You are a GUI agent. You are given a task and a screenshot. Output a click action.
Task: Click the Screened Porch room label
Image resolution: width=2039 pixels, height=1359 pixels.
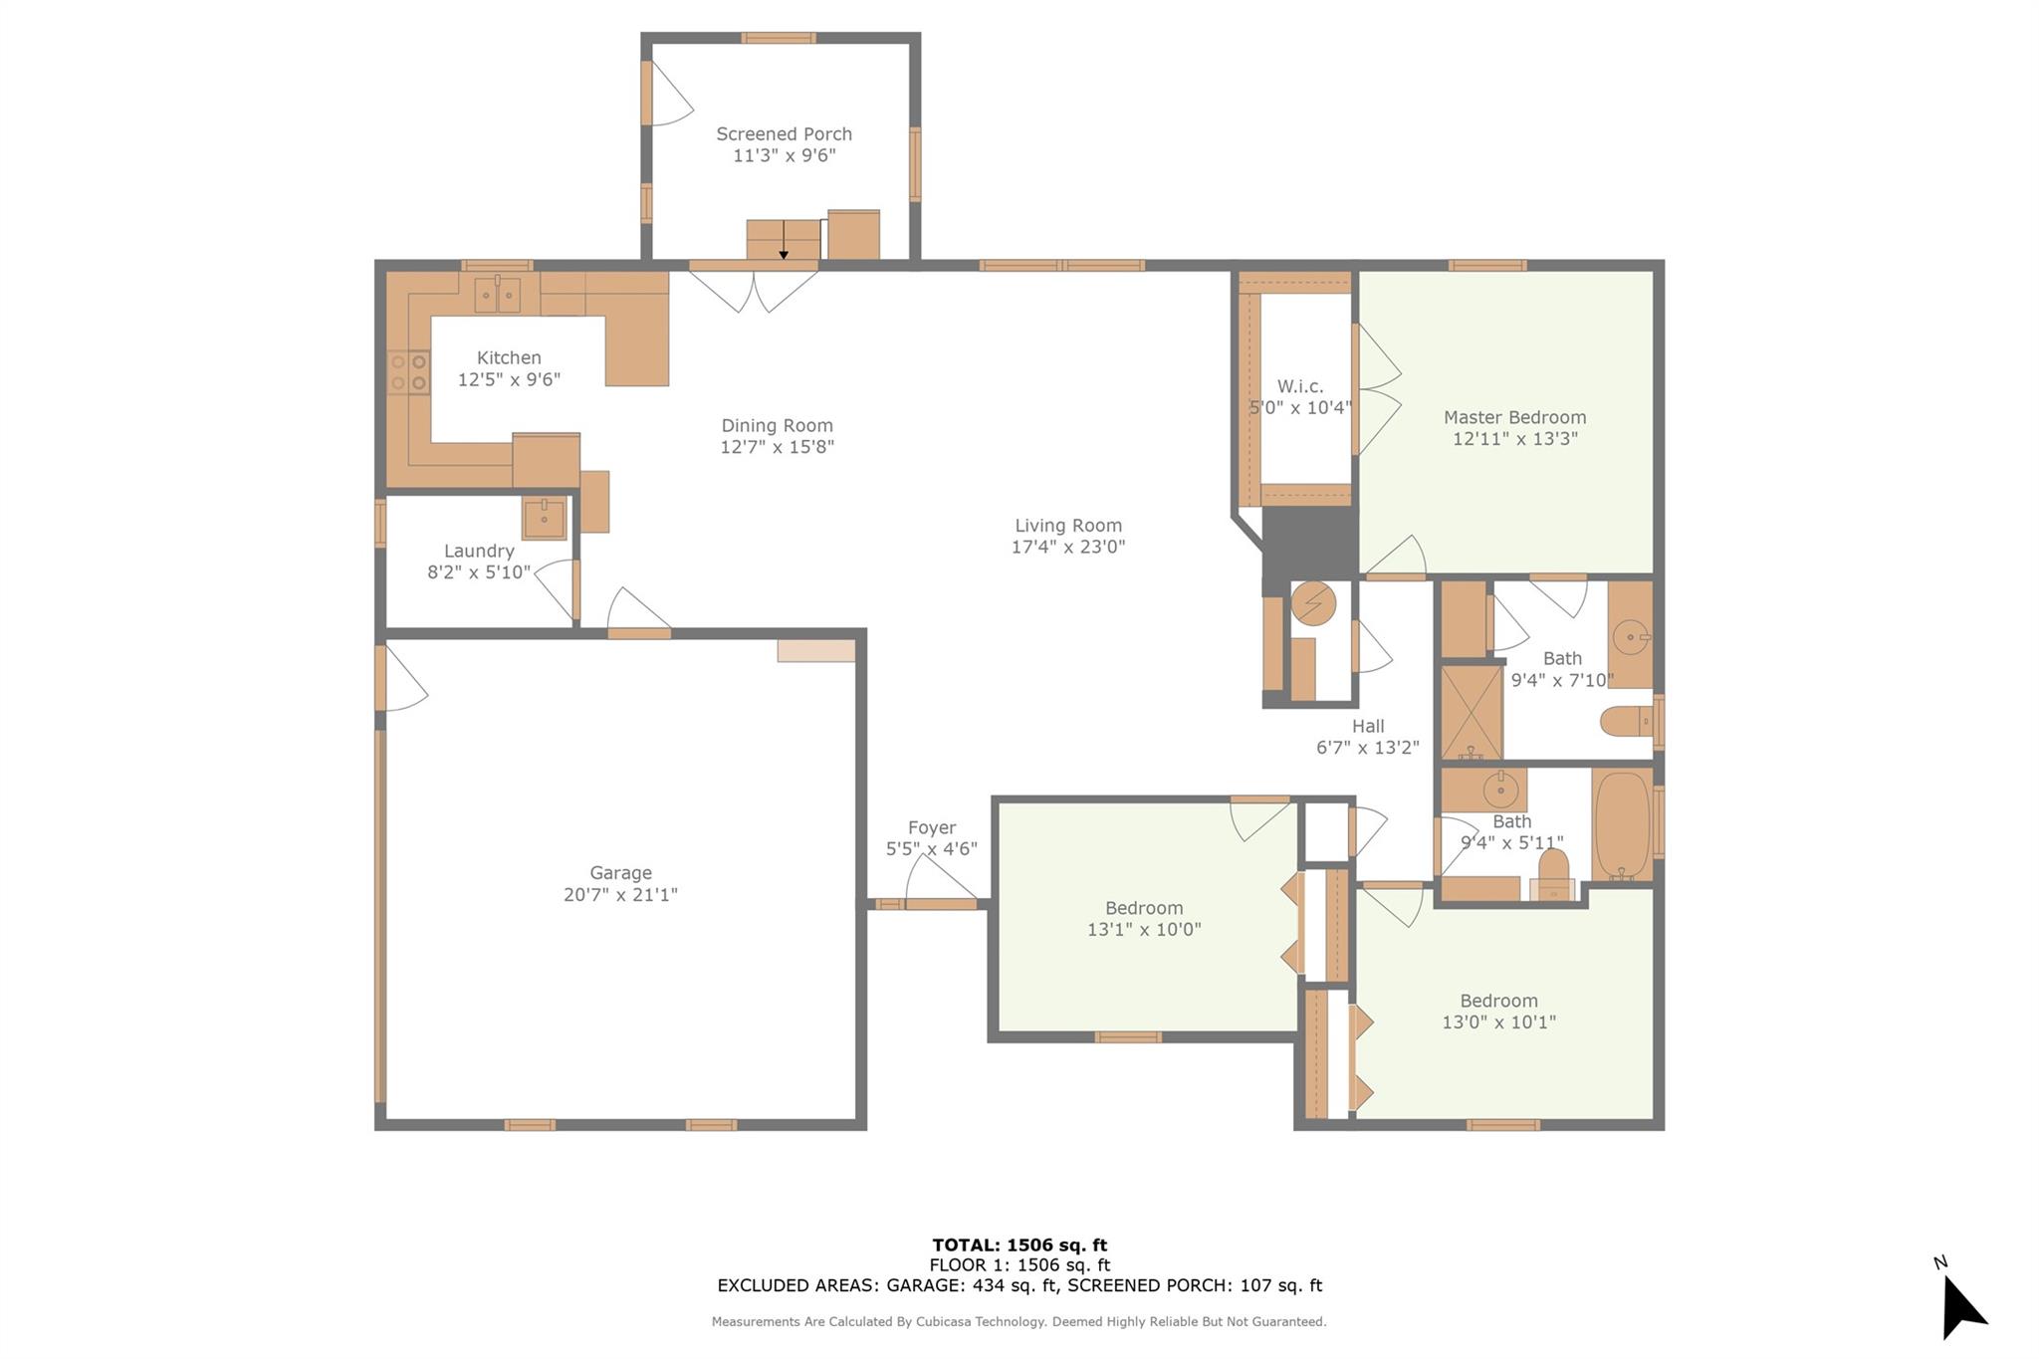click(784, 133)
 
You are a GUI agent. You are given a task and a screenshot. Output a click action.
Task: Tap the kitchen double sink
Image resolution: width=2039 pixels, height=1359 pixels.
click(497, 294)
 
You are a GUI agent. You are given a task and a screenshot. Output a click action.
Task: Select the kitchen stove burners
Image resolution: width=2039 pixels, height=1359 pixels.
click(408, 371)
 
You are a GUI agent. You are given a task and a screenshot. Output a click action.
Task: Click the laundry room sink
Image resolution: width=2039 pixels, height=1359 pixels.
click(544, 518)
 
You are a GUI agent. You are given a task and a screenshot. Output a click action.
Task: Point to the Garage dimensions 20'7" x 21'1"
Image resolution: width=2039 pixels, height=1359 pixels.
click(620, 894)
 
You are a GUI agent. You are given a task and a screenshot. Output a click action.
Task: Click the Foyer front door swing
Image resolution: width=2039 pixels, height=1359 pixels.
click(940, 880)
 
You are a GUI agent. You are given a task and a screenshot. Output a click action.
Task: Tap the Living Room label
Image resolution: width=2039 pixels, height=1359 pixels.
click(1067, 525)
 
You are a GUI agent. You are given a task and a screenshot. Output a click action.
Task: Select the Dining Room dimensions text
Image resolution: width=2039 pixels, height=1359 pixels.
click(777, 447)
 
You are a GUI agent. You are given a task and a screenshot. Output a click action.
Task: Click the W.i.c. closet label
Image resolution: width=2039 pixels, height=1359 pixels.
click(1299, 386)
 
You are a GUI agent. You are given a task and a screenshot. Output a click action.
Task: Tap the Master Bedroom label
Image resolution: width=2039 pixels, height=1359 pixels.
click(1514, 417)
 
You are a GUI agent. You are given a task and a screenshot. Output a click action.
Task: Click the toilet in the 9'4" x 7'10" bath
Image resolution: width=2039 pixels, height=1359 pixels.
click(1626, 720)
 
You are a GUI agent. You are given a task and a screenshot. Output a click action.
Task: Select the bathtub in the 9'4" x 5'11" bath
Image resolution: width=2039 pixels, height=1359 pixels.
click(1622, 823)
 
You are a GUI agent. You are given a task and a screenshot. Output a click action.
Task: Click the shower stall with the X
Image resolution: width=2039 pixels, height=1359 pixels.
click(1472, 711)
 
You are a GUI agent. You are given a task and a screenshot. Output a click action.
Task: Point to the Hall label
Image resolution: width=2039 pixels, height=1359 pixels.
click(1367, 726)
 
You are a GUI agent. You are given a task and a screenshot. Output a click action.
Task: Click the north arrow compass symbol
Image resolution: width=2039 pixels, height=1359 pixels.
click(1960, 1305)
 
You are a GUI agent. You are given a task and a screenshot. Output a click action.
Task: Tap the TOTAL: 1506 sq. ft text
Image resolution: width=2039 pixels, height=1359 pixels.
click(1019, 1245)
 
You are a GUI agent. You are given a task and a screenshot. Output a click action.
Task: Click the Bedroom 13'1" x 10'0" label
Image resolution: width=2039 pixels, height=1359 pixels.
click(1143, 908)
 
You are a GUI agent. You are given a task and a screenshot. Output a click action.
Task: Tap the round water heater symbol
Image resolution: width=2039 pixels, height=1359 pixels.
click(1313, 602)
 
